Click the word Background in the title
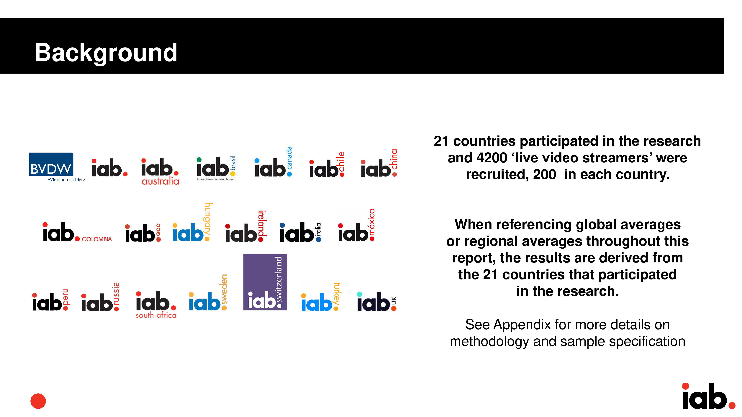[106, 53]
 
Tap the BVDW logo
[57, 167]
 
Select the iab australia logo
[160, 171]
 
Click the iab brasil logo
[216, 168]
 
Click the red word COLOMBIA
[97, 239]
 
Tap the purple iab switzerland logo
[265, 282]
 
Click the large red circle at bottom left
[38, 401]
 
